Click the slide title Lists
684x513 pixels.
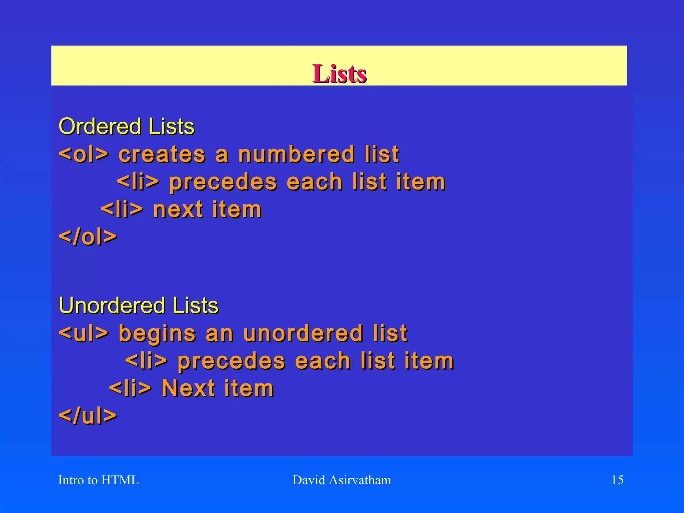339,73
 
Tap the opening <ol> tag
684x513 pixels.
83,154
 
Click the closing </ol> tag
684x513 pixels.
88,237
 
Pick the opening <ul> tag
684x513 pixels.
83,333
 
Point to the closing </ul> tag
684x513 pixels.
88,416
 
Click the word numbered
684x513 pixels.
296,154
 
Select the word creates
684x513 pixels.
162,154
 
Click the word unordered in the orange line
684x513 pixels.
303,333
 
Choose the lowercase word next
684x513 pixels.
178,210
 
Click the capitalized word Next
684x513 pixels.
188,388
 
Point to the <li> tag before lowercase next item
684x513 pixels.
122,209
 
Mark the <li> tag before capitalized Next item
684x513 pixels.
130,388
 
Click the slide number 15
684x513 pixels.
617,480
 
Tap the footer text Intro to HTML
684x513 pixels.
99,480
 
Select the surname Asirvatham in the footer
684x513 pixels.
360,480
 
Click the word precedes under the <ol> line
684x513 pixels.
223,183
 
